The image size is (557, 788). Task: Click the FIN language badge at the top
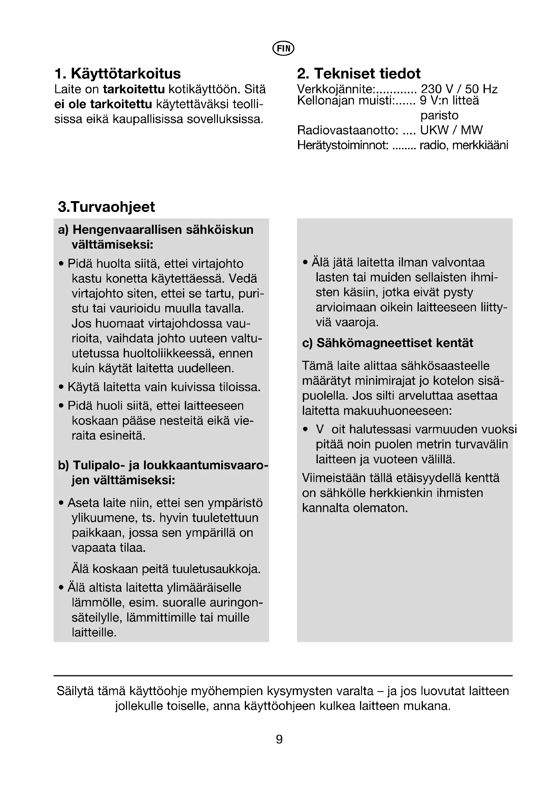283,49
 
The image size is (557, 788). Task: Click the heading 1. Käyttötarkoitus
118,73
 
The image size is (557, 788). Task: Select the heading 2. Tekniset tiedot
358,73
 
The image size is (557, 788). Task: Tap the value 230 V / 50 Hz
459,89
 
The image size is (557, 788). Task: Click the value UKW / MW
451,130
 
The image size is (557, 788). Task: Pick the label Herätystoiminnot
342,145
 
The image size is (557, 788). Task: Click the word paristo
439,115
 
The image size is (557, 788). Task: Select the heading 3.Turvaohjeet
106,207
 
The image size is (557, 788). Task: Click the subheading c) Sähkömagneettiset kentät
388,343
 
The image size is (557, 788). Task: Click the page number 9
279,739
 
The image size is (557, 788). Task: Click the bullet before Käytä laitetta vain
61,387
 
